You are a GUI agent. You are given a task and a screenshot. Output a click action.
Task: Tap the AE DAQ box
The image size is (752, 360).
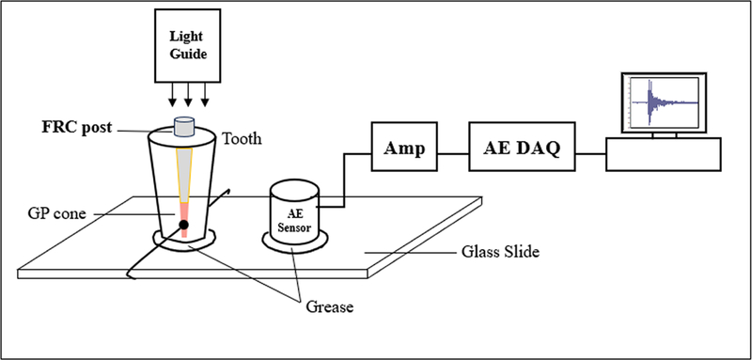click(x=522, y=146)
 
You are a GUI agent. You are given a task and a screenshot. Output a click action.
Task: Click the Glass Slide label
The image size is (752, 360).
click(x=501, y=252)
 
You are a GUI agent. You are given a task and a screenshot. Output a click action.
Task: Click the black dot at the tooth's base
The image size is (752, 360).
click(x=184, y=225)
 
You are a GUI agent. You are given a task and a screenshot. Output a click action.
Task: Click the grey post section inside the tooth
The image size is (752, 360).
click(x=184, y=169)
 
